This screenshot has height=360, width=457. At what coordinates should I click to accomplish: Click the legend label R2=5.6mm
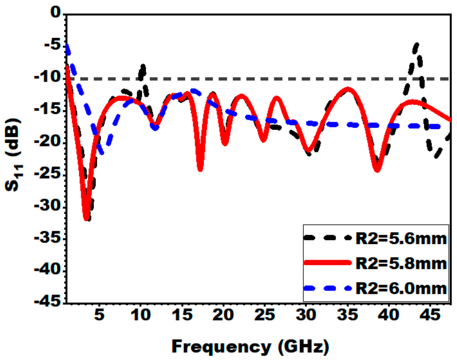pos(401,239)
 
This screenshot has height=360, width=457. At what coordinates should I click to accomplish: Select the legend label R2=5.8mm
pos(401,264)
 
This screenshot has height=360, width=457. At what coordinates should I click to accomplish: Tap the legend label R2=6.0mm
pos(401,288)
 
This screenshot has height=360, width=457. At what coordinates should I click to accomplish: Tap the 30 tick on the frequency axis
pos(306,315)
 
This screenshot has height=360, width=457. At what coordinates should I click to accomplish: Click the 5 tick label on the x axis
pos(99,315)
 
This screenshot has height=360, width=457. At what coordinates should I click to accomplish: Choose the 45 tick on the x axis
pos(430,315)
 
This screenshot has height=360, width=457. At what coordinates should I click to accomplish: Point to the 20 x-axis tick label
pos(223,315)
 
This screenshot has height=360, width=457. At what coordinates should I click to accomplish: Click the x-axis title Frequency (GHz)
pos(250,346)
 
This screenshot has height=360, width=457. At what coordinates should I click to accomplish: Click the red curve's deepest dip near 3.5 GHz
pos(87,219)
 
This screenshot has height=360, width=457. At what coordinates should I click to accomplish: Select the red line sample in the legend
pos(328,263)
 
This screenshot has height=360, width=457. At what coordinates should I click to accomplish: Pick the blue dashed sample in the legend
pos(328,288)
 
